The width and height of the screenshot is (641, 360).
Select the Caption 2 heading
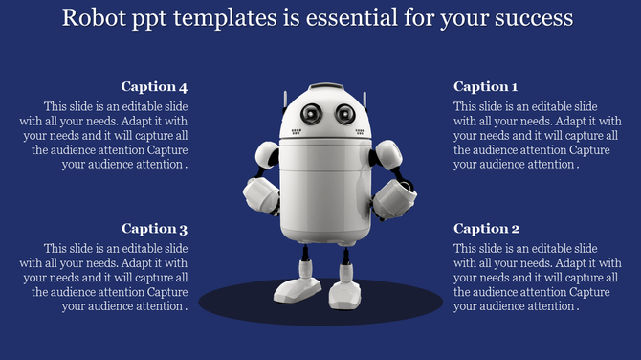[x=486, y=229]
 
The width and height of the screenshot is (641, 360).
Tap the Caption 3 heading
[x=155, y=229]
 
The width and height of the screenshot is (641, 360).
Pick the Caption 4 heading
[x=155, y=87]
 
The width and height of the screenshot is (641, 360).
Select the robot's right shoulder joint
[x=387, y=153]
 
